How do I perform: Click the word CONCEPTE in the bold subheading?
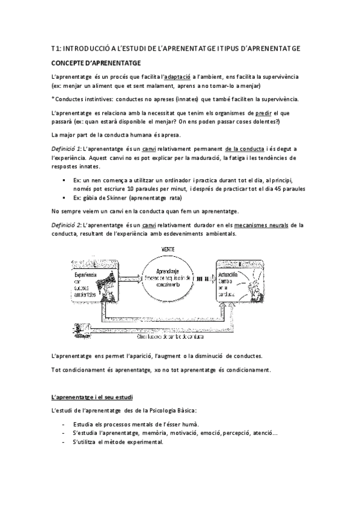coord(67,62)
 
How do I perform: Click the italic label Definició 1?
coord(66,148)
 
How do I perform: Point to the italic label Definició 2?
coord(66,225)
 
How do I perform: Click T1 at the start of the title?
coord(55,47)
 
